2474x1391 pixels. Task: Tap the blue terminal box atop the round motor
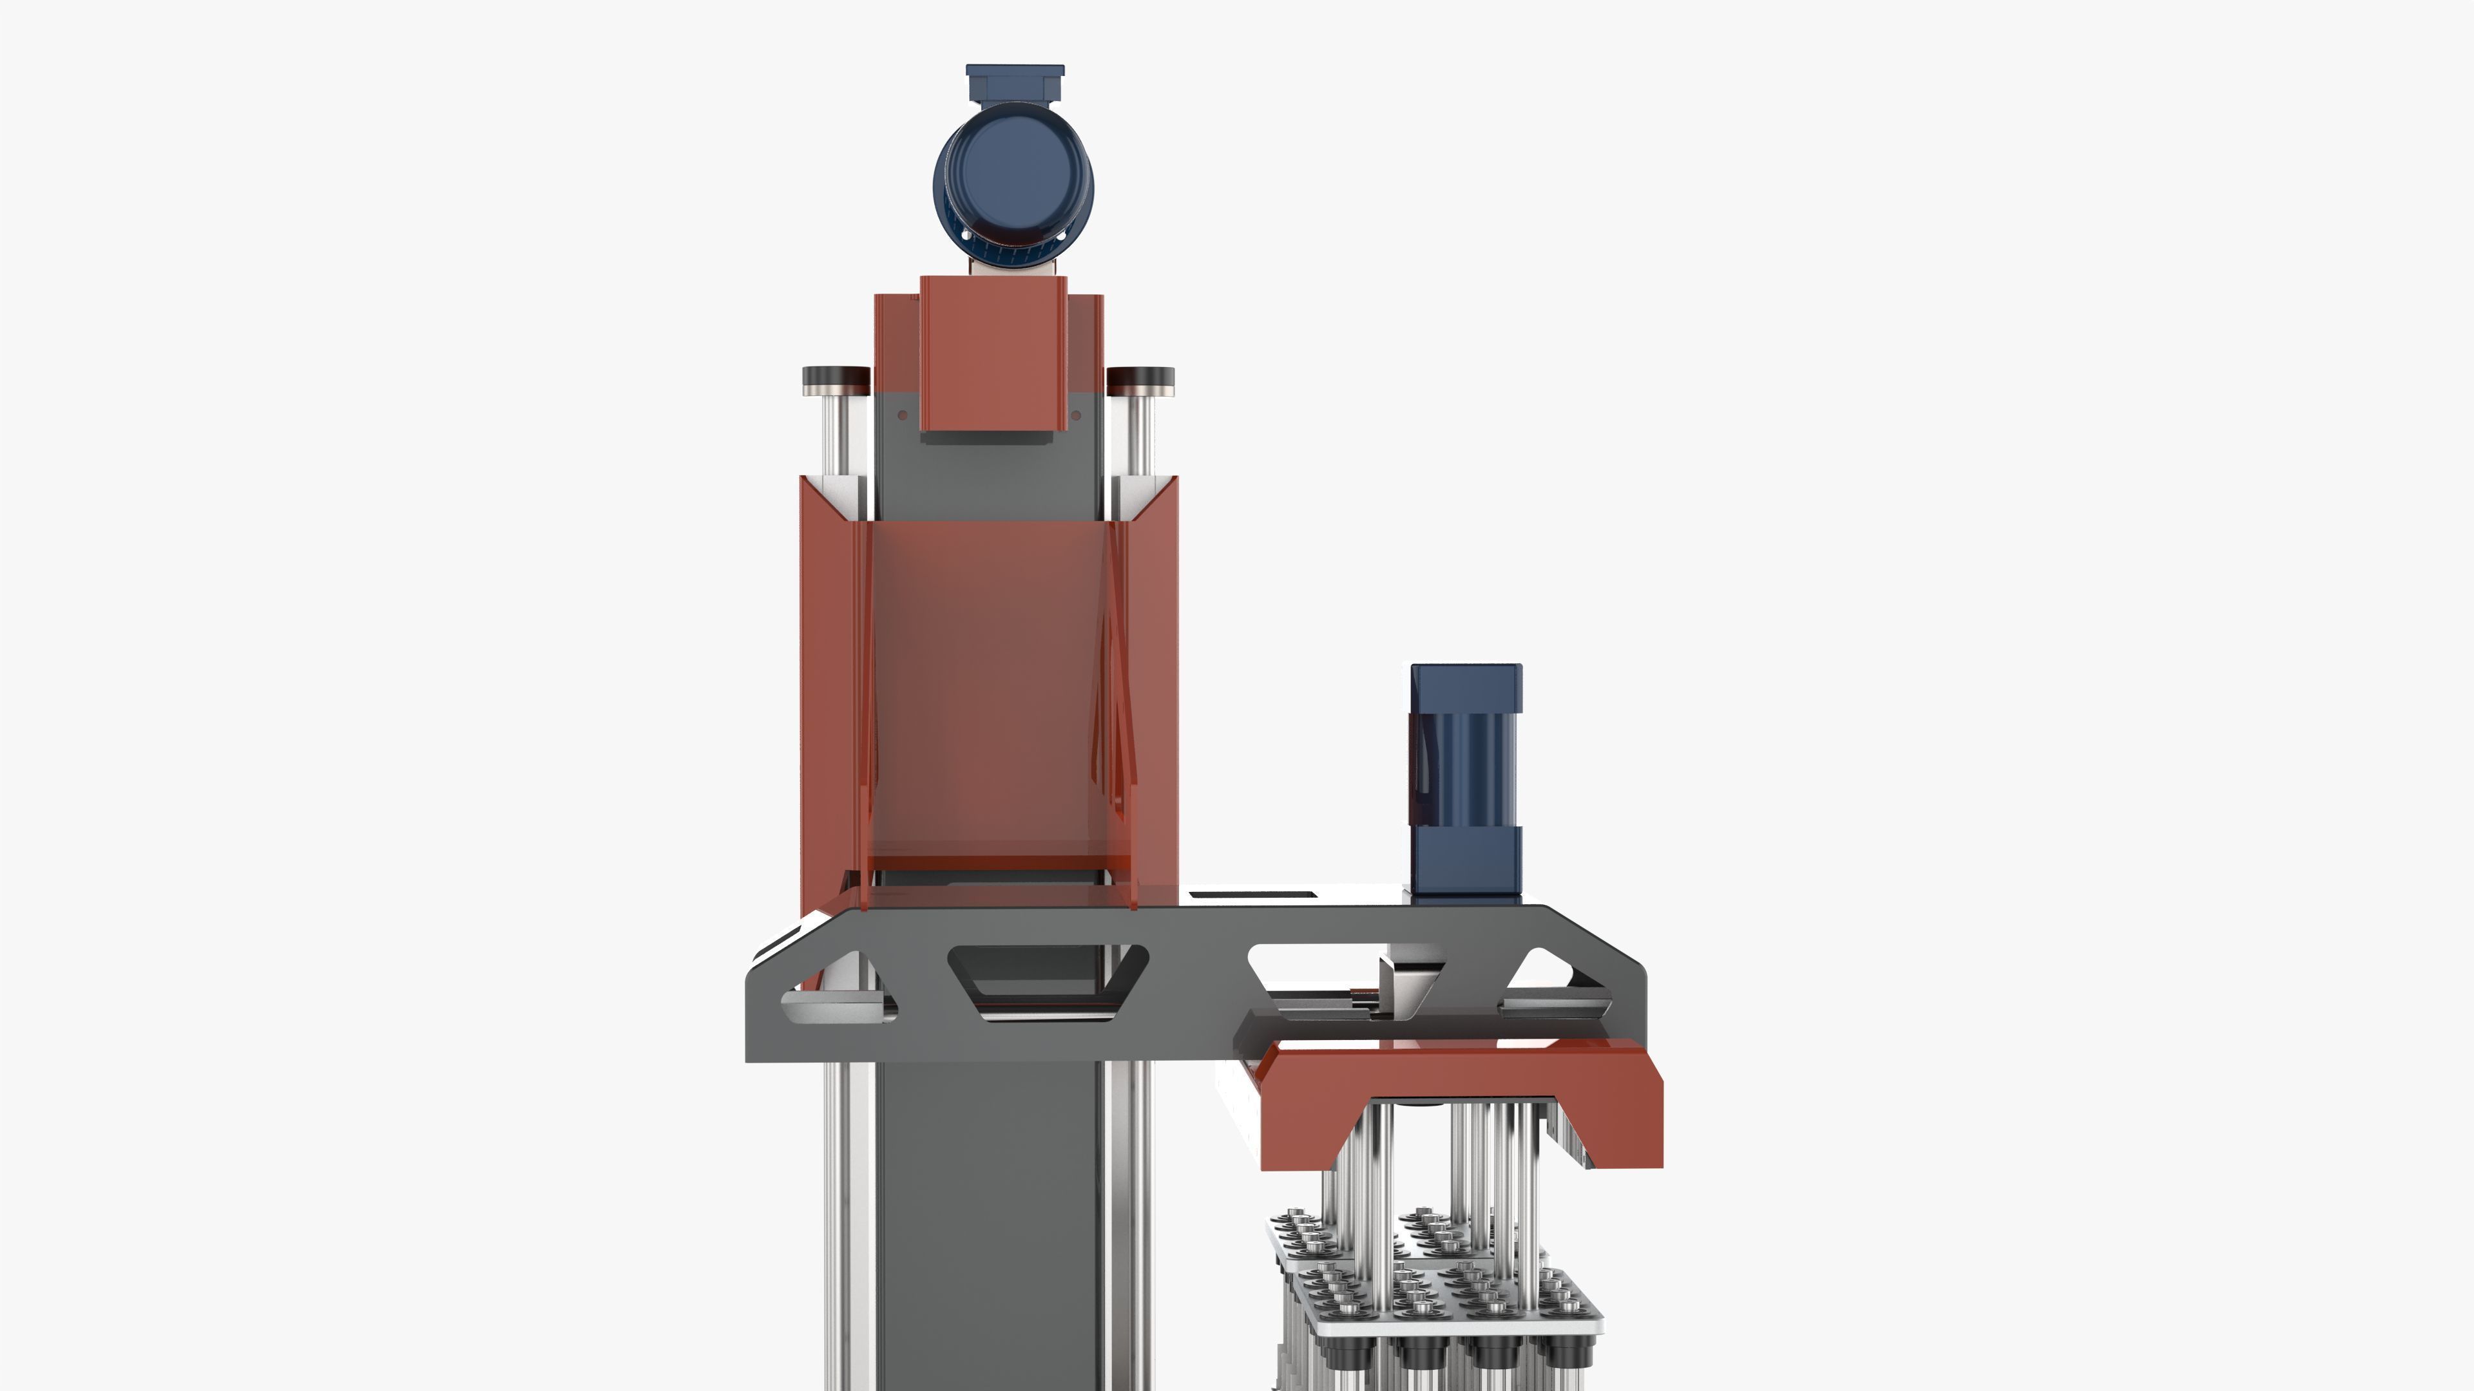pos(1014,82)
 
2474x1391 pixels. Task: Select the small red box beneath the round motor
pos(993,352)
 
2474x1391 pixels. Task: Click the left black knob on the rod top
pos(836,375)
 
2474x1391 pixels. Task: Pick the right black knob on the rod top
pos(1140,375)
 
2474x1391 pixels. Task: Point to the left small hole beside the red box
pos(903,415)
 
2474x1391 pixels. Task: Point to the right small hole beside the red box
pos(1076,415)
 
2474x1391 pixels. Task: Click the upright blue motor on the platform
pos(1466,779)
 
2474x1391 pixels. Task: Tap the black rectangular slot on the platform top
pos(1251,896)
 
